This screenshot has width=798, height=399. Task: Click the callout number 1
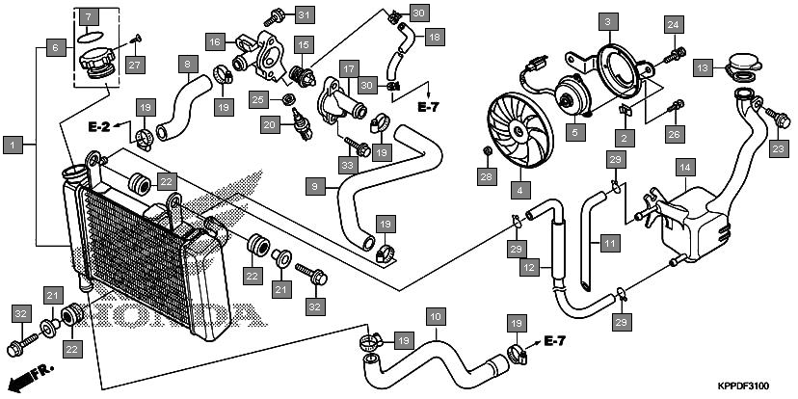coord(13,145)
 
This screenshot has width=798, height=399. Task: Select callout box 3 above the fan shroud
coord(607,20)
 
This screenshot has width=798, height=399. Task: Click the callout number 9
coord(314,183)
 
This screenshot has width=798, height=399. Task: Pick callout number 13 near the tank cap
coord(703,67)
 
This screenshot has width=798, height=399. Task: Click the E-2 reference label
coord(101,127)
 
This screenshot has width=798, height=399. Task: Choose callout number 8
coord(187,66)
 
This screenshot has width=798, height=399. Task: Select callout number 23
coord(778,147)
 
